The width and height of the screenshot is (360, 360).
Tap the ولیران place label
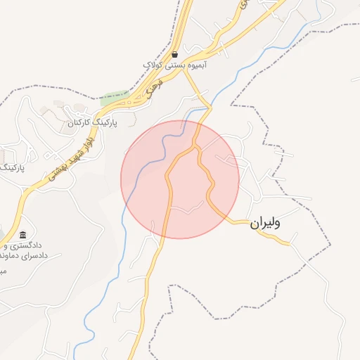coord(264,224)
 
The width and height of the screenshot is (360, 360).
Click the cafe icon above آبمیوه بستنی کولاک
coord(174,54)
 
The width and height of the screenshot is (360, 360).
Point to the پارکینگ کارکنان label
coord(91,122)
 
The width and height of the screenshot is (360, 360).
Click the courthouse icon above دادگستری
coord(23,235)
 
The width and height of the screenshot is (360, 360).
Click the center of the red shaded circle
coord(180,179)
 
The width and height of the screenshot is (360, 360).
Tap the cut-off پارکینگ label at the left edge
coord(12,169)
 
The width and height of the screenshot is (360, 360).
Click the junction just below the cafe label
coord(186,73)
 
